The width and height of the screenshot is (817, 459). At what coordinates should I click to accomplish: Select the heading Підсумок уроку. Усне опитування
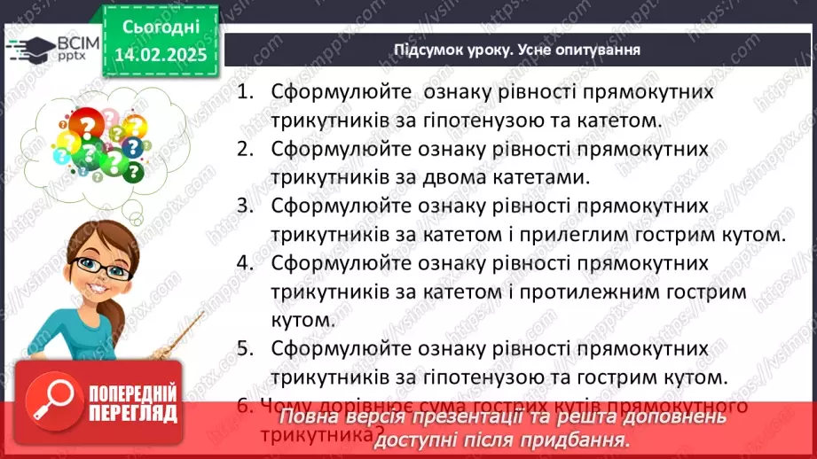click(x=517, y=49)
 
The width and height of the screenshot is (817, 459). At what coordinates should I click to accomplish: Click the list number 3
click(x=245, y=206)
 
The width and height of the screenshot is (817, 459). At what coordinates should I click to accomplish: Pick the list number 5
click(x=245, y=347)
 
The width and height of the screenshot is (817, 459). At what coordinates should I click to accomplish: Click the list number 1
click(x=246, y=91)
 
